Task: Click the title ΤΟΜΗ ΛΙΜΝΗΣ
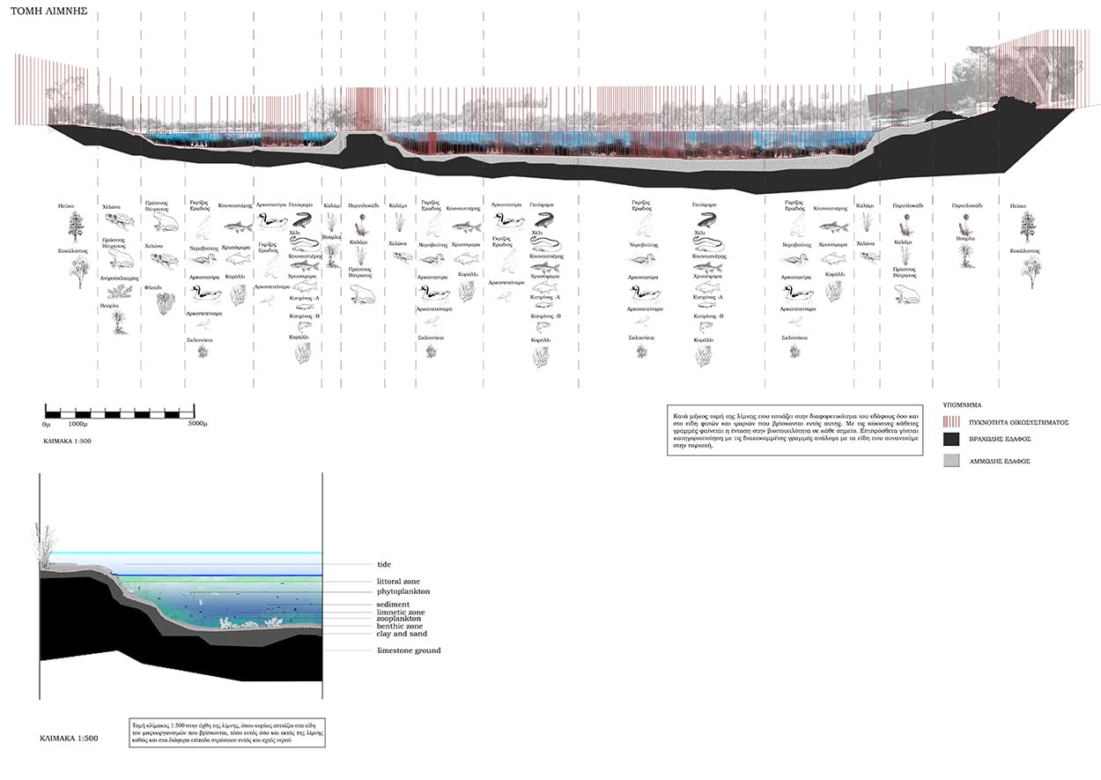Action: pos(43,15)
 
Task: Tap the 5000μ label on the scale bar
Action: pos(196,424)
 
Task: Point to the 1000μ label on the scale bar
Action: pos(77,424)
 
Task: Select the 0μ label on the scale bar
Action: pos(46,424)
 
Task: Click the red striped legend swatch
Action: pos(950,422)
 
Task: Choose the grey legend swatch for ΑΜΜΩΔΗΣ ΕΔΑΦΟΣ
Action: pos(950,461)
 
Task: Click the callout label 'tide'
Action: pos(383,564)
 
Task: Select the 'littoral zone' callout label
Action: pos(398,583)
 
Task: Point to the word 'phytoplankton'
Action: pos(403,591)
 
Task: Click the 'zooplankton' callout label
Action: pos(398,619)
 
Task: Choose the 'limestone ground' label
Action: pos(409,650)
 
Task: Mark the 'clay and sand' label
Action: pos(402,634)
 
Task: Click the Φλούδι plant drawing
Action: pos(164,303)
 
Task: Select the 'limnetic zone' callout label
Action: pos(401,612)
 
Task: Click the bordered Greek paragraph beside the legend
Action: pos(794,429)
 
